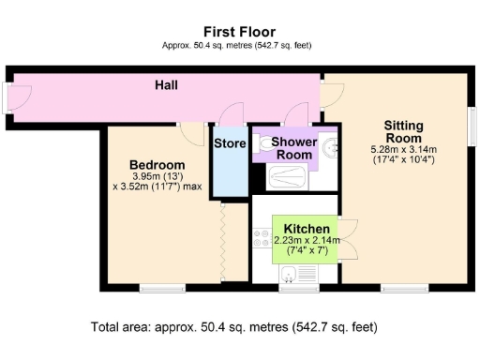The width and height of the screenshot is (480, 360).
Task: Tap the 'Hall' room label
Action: [167, 86]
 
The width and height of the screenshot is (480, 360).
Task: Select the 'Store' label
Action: [230, 143]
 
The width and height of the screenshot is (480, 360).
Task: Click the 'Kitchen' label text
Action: [307, 229]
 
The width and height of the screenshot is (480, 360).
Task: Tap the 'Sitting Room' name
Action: [404, 131]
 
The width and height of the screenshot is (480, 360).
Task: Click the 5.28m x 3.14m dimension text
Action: [404, 150]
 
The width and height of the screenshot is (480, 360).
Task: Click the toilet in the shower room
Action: [264, 145]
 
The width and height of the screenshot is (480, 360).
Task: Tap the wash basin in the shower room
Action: [330, 147]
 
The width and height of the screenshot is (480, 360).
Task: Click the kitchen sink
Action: [292, 274]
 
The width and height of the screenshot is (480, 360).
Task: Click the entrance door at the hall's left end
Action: [11, 97]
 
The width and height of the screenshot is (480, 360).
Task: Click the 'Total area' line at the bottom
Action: [233, 328]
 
